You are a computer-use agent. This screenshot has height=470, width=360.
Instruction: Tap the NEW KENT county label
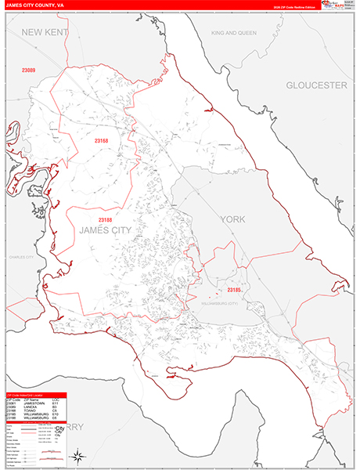(x=45, y=32)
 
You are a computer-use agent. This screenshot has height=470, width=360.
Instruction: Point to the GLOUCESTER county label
(x=315, y=85)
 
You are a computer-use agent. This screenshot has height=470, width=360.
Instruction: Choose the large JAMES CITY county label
(x=105, y=230)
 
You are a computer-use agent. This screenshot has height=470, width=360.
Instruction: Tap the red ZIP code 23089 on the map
(x=29, y=71)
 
